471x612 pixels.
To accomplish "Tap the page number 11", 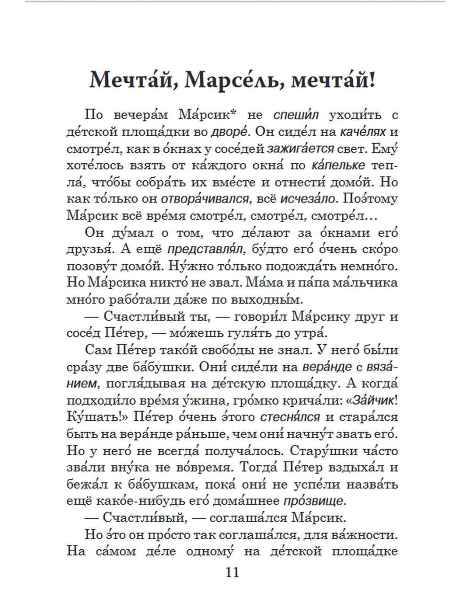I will [x=233, y=572].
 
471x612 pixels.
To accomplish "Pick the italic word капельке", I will [x=338, y=165].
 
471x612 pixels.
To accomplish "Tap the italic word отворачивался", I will [x=205, y=199].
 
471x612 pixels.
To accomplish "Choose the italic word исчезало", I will [x=309, y=199].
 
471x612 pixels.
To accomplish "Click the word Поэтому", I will [x=370, y=199].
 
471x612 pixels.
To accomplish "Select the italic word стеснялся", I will [x=290, y=418].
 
